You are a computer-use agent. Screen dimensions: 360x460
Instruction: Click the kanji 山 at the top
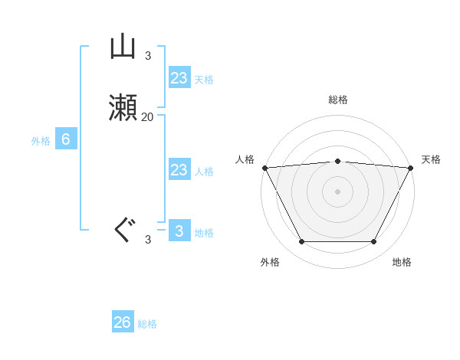[123, 47]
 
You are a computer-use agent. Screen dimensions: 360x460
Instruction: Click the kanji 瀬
[123, 109]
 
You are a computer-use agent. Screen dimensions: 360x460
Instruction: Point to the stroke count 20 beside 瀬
[147, 117]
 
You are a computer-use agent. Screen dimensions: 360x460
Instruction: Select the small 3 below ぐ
[148, 240]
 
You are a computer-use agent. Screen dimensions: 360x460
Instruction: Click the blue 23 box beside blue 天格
[179, 78]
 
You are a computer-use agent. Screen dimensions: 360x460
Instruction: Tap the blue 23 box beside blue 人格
[179, 170]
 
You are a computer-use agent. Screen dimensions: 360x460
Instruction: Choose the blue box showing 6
[65, 139]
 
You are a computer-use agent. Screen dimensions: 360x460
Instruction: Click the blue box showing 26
[123, 322]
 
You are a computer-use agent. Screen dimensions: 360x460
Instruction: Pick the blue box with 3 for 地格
[179, 231]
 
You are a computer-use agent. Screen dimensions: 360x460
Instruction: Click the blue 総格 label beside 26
[147, 324]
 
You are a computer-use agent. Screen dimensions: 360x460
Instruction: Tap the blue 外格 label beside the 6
[40, 141]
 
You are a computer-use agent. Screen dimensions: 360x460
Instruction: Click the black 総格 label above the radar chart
[337, 100]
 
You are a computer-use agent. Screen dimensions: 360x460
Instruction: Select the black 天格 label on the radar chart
[431, 159]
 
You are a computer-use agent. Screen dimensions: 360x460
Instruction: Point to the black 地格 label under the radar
[402, 262]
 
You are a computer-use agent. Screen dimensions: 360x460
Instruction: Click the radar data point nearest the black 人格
[264, 167]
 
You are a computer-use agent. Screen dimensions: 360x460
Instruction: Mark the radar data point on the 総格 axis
[337, 161]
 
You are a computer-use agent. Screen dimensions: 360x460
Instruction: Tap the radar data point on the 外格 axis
[301, 242]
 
